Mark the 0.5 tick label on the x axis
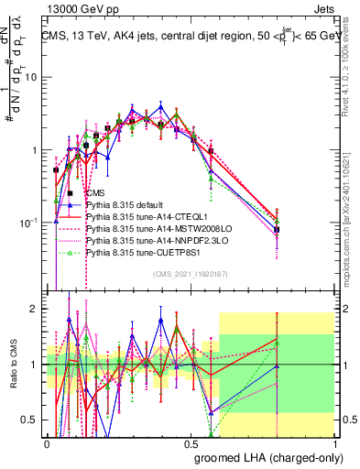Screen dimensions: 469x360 point(191,443)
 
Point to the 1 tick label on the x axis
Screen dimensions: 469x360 point(335,443)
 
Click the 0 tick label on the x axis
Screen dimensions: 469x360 point(47,443)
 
